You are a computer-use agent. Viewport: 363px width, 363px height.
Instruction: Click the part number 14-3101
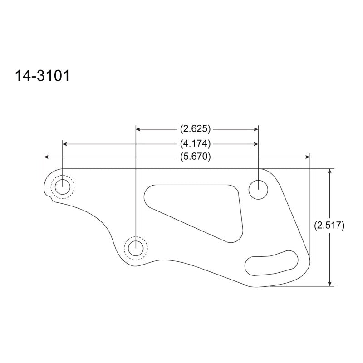42,76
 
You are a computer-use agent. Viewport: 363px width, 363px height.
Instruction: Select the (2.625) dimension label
196,129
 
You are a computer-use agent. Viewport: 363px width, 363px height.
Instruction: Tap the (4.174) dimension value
196,144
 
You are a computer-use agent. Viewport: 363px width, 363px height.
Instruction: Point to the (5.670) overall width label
196,157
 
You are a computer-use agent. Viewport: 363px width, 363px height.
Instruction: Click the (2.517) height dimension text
329,225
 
